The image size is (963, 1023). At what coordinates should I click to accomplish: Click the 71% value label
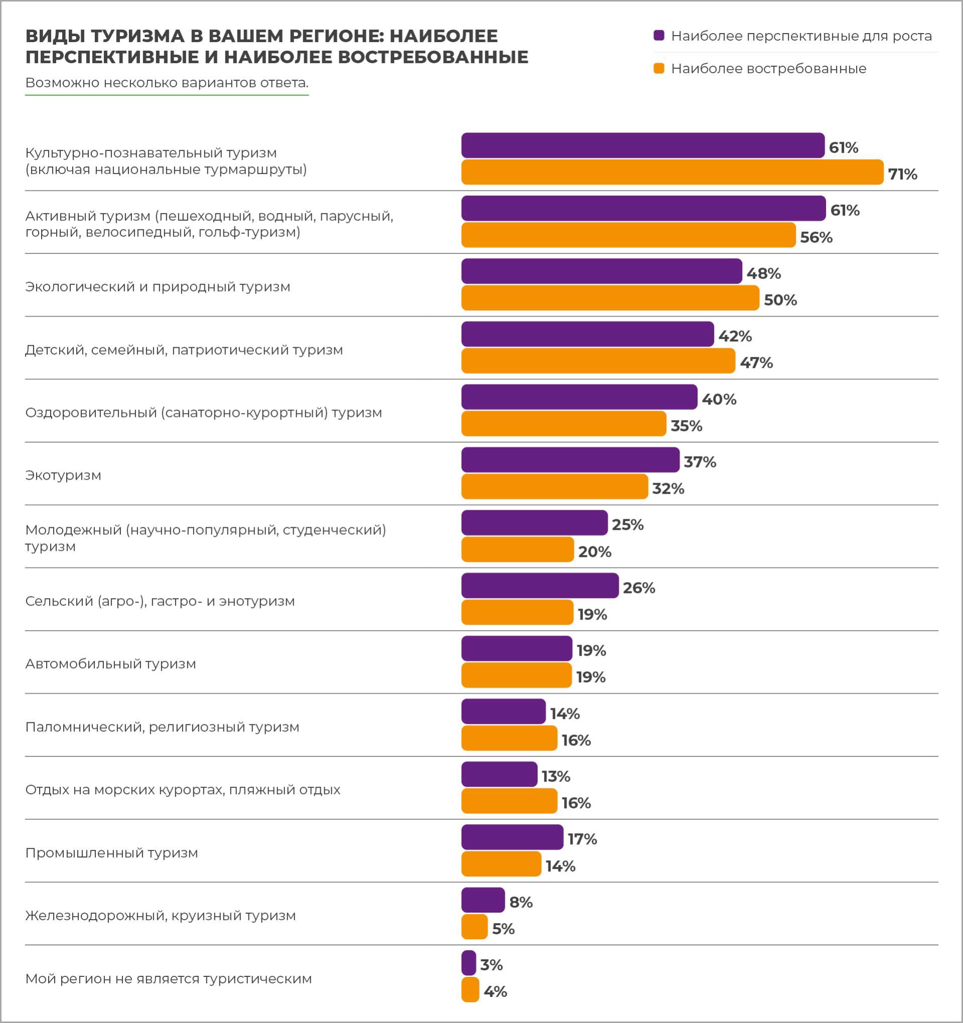[x=902, y=174]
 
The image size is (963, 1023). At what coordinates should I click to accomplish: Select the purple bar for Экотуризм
[x=570, y=460]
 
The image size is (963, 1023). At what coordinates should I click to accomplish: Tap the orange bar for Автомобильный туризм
[x=516, y=675]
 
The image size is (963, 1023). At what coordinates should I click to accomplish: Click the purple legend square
[x=658, y=36]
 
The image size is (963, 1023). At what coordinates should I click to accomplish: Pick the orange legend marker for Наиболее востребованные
[x=658, y=68]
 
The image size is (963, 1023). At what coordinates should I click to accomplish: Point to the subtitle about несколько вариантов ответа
[x=167, y=83]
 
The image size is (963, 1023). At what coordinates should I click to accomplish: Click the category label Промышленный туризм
[x=112, y=853]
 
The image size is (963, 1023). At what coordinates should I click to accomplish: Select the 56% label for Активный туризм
[x=816, y=237]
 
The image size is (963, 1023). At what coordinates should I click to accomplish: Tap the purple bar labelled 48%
[x=601, y=271]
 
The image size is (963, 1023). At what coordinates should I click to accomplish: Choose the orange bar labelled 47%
[x=598, y=361]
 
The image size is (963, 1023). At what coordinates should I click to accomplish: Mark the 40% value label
[x=719, y=399]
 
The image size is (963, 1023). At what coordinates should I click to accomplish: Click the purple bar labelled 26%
[x=539, y=586]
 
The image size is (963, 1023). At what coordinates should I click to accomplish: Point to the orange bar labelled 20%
[x=517, y=549]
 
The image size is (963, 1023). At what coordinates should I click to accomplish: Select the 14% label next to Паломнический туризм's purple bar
[x=565, y=714]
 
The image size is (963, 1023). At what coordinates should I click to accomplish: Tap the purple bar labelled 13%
[x=499, y=774]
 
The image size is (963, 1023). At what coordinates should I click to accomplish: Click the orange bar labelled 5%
[x=474, y=927]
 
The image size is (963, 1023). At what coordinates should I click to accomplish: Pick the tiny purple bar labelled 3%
[x=468, y=963]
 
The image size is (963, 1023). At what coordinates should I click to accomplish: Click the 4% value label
[x=495, y=991]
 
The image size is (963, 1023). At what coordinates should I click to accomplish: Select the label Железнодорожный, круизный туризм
[x=161, y=916]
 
